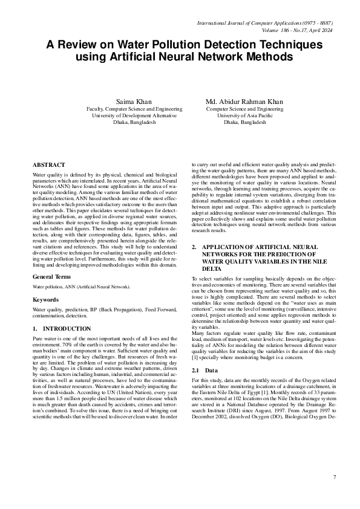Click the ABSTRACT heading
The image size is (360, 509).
pyautogui.click(x=49, y=165)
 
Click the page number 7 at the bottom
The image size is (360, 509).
pyautogui.click(x=334, y=477)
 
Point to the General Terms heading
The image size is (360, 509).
pyautogui.click(x=53, y=276)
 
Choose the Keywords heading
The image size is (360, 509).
pyautogui.click(x=45, y=299)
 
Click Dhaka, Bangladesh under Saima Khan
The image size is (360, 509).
pyautogui.click(x=134, y=122)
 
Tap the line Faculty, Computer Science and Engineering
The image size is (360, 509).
pyautogui.click(x=134, y=108)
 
